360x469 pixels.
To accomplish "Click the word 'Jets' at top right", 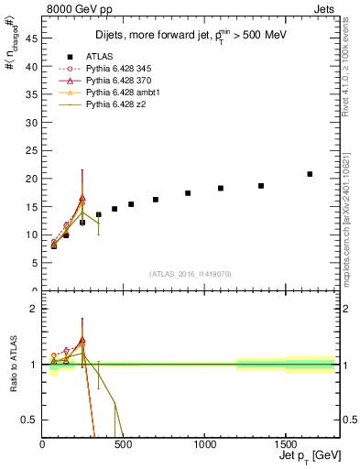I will coord(323,9).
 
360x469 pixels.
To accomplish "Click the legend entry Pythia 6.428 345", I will coord(116,68).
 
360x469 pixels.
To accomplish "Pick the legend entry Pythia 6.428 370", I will coord(116,81).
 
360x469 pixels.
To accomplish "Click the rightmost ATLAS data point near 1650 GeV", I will coord(310,174).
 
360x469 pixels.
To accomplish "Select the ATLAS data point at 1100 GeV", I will coord(221,188).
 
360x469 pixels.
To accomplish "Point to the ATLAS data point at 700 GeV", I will coord(156,200).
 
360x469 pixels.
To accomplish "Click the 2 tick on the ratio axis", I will coord(35,309).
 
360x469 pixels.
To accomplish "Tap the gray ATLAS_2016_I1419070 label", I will coord(190,274).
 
